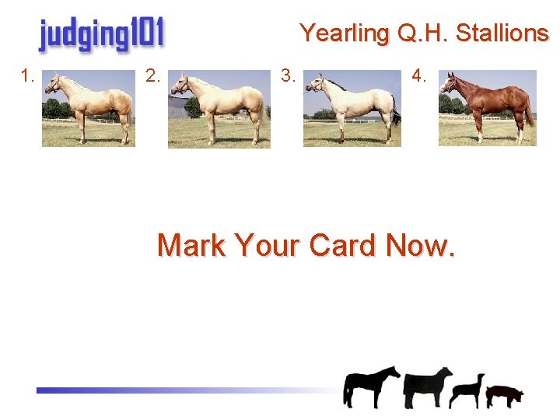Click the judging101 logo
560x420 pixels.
coord(101,35)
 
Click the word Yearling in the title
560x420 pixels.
coord(345,33)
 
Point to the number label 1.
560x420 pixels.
coord(29,76)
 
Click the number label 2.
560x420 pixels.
coord(153,76)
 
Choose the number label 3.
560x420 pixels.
coord(289,76)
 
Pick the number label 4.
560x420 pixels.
coord(419,76)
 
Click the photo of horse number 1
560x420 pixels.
coord(89,108)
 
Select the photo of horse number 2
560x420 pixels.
coord(219,109)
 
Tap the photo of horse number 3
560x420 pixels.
coord(352,108)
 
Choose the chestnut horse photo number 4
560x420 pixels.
coord(488,108)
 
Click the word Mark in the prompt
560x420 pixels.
coord(190,246)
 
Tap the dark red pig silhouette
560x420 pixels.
coord(505,395)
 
